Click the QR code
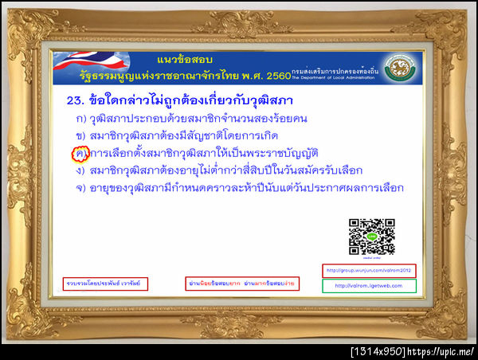[366, 235]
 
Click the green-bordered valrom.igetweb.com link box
[369, 285]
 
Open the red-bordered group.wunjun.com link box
[369, 269]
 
